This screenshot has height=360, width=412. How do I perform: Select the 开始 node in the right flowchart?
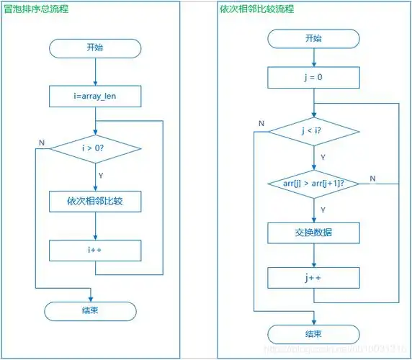(x=313, y=38)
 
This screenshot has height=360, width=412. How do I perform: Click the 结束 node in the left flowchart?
(x=90, y=311)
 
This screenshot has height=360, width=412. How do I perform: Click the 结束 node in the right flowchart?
(x=313, y=333)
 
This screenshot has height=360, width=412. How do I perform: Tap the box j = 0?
(x=313, y=77)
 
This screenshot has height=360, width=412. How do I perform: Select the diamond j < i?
(x=313, y=130)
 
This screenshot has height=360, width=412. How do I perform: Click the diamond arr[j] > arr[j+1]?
(x=313, y=184)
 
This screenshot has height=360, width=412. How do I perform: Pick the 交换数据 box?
(x=313, y=233)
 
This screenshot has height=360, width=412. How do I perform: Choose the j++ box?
(x=313, y=278)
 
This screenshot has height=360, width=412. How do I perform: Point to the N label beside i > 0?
(x=41, y=143)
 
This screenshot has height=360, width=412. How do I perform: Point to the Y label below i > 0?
(x=101, y=174)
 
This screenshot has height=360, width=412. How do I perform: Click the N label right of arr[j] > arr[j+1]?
(x=372, y=179)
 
